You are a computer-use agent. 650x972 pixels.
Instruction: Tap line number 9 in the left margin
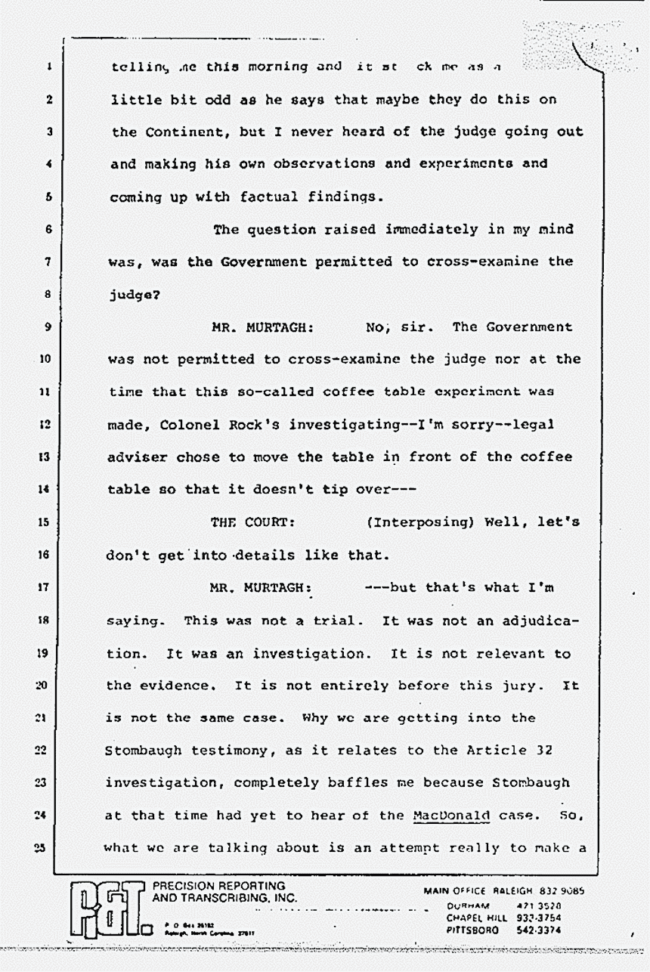pyautogui.click(x=47, y=327)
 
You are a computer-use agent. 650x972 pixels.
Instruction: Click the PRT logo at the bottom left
pyautogui.click(x=107, y=909)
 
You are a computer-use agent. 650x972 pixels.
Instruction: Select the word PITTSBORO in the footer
pyautogui.click(x=473, y=930)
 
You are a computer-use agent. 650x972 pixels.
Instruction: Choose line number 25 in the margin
pyautogui.click(x=47, y=847)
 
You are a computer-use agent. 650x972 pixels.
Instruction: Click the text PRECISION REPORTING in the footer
pyautogui.click(x=219, y=886)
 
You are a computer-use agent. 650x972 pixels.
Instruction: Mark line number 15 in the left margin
pyautogui.click(x=47, y=522)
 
